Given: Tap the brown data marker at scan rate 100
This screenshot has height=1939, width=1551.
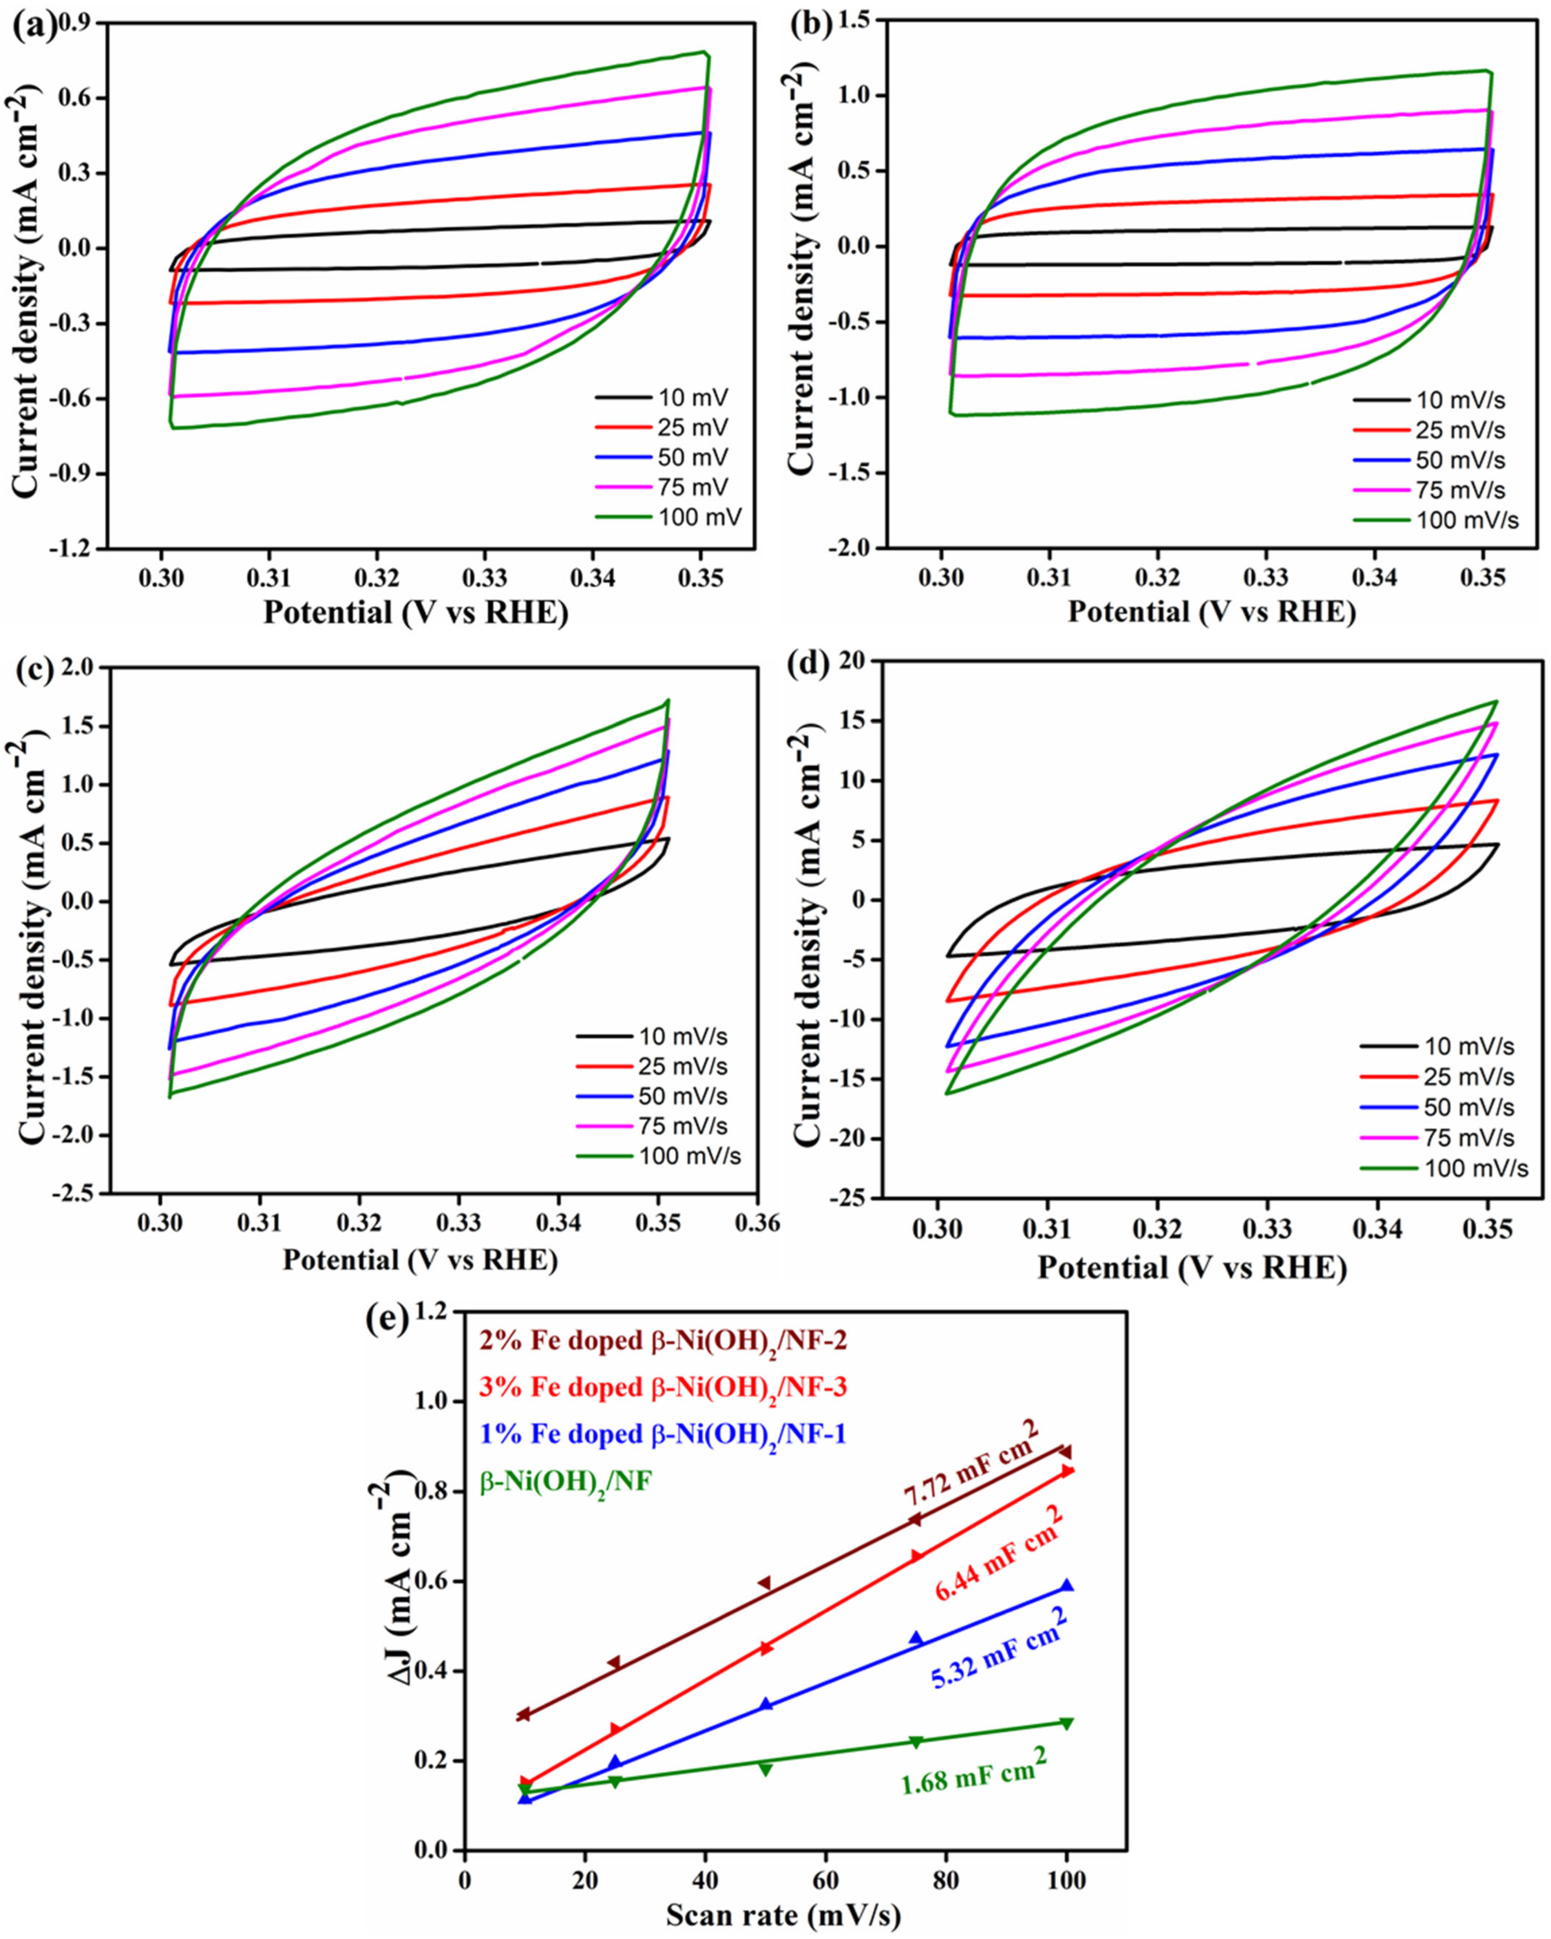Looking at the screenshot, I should pyautogui.click(x=1065, y=1452).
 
